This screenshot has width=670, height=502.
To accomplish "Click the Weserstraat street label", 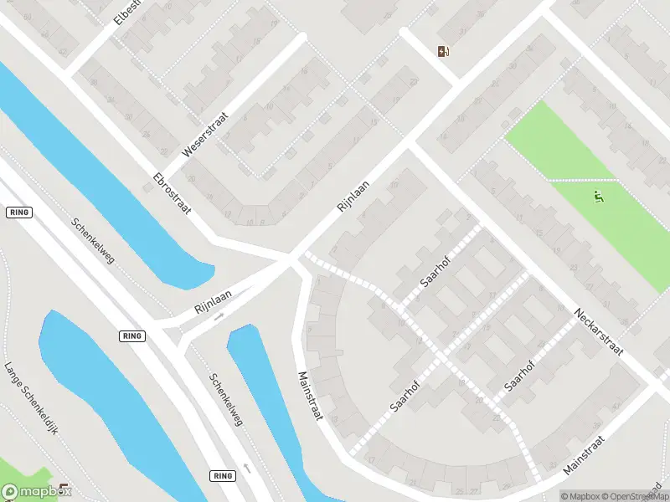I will (204, 138).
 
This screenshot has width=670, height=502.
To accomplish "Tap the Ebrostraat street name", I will (173, 194).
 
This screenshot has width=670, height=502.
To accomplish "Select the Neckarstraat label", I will (599, 331).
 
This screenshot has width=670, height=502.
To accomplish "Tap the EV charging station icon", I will (443, 52).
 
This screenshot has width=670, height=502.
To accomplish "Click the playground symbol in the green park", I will (598, 197).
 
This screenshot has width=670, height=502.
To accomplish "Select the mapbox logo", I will (35, 493).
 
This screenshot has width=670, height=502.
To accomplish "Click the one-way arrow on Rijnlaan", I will (219, 317).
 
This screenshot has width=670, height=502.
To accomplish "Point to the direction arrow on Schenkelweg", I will (246, 468).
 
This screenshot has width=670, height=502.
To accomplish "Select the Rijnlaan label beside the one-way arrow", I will (212, 296).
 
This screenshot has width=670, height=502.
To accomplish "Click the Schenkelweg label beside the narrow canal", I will (226, 400).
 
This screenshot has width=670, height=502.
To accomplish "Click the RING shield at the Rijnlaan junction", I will (132, 336).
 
